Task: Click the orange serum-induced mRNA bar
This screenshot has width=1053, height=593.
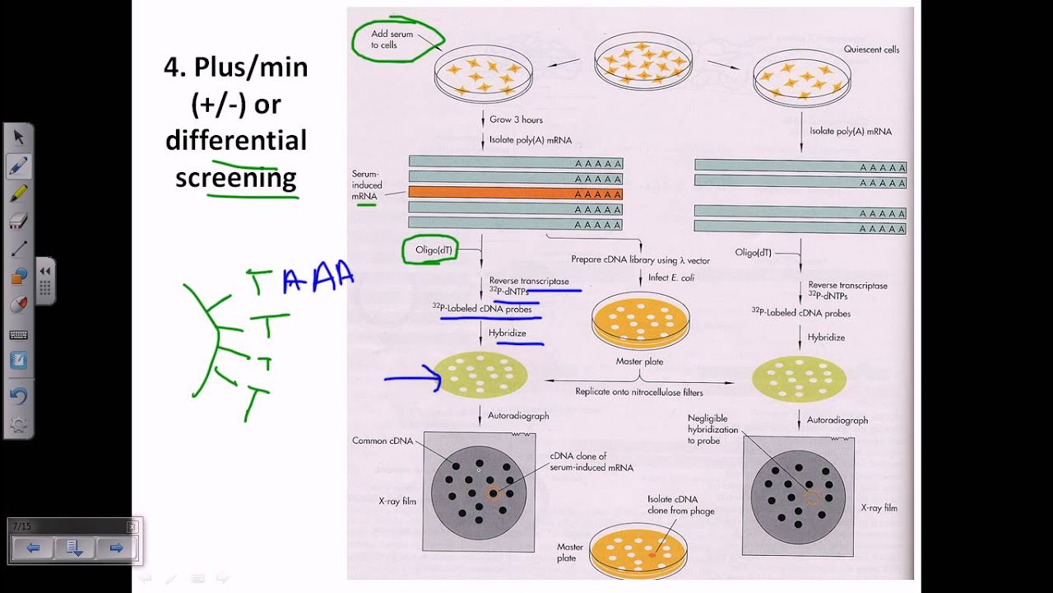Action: pos(515,194)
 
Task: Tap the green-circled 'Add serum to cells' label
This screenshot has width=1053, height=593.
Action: pos(392,40)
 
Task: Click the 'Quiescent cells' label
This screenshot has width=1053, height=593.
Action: pos(871,49)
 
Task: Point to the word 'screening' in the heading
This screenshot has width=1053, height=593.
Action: pos(235,177)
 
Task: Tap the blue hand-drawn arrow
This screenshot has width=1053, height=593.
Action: pos(412,379)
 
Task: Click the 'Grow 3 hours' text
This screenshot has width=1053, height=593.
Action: pos(516,119)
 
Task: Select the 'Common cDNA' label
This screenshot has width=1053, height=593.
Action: pos(381,441)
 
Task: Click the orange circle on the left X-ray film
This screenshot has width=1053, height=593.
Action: pos(493,493)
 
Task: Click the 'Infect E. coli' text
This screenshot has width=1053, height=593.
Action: pos(670,278)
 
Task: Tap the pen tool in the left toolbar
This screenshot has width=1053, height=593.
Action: pos(18,166)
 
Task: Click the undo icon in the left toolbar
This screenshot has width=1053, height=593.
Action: pos(18,396)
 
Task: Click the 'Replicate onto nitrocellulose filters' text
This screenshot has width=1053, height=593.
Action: pos(639,392)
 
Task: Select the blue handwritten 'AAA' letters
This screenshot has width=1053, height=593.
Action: pos(319,278)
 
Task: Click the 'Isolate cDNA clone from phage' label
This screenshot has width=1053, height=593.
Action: pos(680,505)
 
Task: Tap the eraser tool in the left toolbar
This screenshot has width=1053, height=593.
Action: pos(18,221)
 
